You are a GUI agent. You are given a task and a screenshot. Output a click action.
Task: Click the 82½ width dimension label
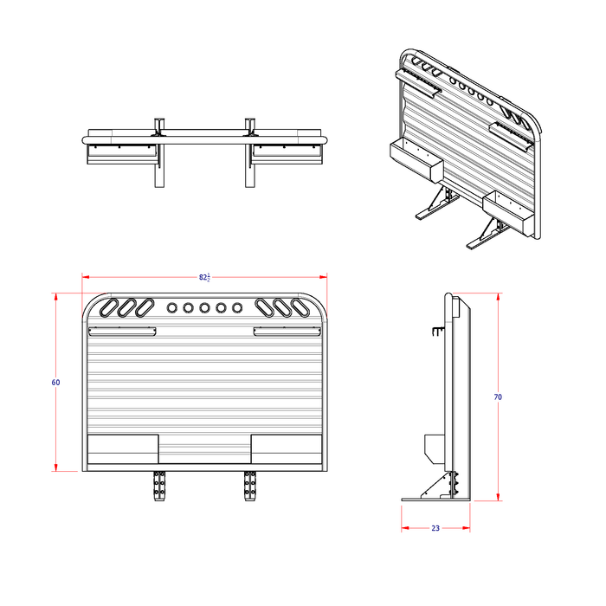click(204, 277)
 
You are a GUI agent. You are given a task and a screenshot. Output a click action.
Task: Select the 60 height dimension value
click(56, 382)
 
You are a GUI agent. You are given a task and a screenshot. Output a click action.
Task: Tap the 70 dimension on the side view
click(498, 396)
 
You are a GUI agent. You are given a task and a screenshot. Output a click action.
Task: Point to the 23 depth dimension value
click(435, 527)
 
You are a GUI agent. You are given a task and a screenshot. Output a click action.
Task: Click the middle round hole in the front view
click(205, 307)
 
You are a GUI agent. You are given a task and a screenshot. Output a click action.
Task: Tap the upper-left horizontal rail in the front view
click(121, 331)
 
